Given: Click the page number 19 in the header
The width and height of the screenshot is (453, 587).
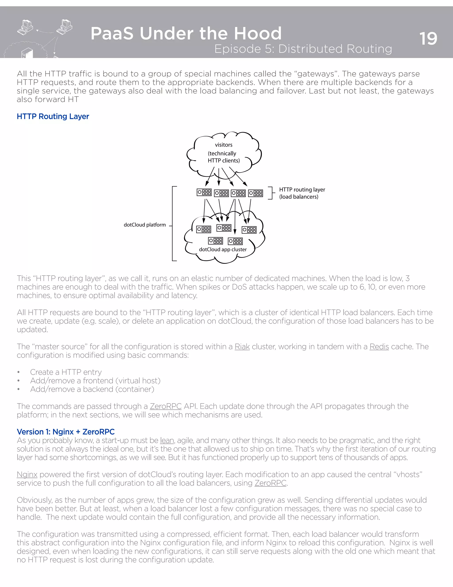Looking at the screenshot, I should click(428, 39).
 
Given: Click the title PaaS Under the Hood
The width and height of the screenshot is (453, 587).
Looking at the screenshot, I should click(186, 34).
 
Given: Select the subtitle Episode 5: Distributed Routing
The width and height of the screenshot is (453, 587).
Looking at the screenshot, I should click(303, 49).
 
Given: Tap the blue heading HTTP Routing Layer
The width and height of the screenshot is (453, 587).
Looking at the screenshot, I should click(53, 116).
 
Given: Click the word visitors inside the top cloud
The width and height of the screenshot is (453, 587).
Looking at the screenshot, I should click(224, 145).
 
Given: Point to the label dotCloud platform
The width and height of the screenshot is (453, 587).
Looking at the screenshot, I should click(145, 225).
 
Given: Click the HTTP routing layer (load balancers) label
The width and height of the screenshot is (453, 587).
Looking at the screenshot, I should click(302, 193).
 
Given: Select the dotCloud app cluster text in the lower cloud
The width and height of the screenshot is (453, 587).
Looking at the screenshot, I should click(223, 249).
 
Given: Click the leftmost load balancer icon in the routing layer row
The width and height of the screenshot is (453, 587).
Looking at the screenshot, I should click(204, 192).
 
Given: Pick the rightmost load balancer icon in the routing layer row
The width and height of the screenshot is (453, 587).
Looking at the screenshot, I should click(255, 193).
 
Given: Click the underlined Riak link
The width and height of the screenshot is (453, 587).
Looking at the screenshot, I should click(242, 346).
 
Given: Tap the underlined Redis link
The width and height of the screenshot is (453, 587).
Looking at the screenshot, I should click(379, 346).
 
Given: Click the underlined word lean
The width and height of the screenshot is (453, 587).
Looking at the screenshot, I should click(167, 441).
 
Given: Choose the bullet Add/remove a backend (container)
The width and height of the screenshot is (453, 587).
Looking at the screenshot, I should click(92, 389).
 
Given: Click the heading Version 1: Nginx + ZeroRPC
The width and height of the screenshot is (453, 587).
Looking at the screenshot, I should click(65, 432).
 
